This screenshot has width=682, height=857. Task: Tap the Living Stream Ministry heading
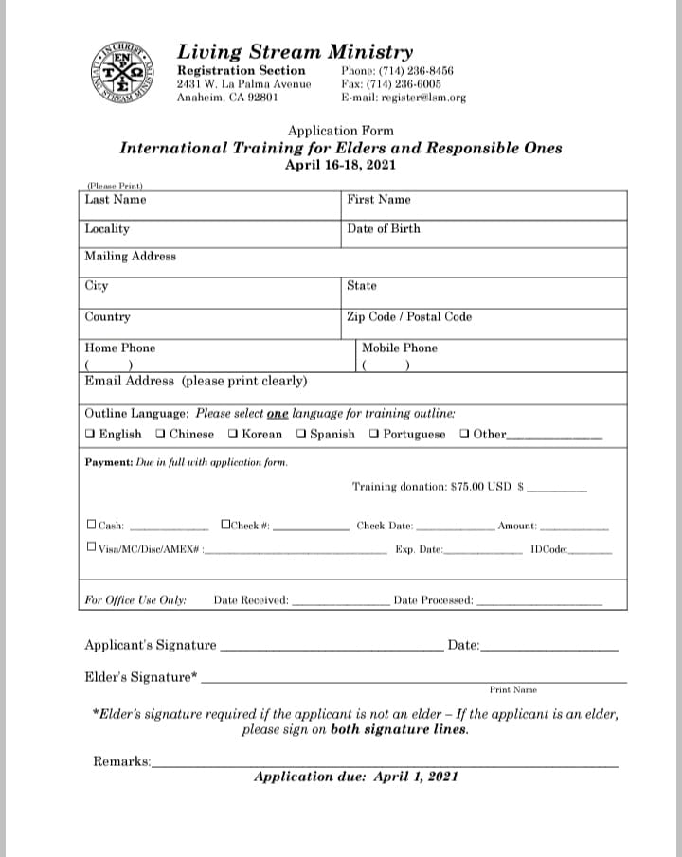click(295, 52)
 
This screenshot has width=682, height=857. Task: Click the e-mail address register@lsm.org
click(404, 98)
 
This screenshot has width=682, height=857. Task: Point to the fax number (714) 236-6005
click(390, 83)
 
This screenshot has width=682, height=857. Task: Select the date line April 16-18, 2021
click(340, 164)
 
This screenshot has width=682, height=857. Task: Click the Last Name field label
click(116, 200)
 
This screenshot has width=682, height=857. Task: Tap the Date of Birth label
click(384, 229)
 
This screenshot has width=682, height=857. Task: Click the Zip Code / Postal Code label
click(409, 317)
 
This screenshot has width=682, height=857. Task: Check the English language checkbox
click(90, 435)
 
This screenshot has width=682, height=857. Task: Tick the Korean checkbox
click(233, 435)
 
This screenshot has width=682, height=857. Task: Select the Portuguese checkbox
click(374, 435)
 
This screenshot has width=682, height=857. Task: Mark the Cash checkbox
click(91, 524)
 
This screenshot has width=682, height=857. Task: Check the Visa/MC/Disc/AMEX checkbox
click(91, 546)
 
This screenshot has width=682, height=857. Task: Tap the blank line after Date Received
click(339, 602)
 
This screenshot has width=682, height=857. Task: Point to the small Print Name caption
click(513, 690)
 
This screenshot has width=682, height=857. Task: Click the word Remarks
click(121, 761)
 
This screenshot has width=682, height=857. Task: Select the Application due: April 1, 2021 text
click(356, 777)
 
